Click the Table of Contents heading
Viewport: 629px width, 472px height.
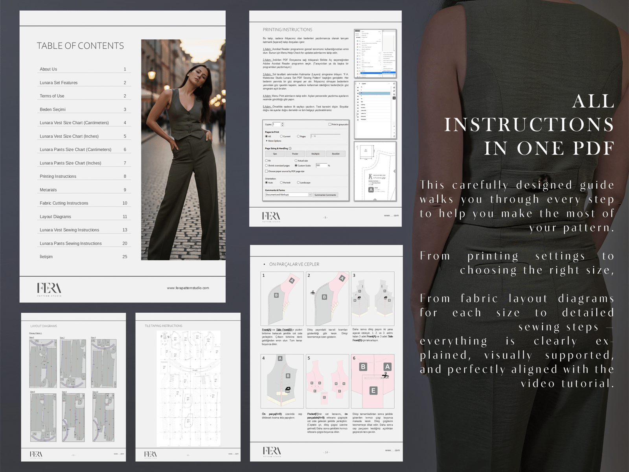80,46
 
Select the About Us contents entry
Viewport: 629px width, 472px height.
48,69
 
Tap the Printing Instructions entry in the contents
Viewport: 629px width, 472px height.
58,177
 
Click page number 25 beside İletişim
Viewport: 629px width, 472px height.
125,257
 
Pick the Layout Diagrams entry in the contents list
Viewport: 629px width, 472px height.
55,217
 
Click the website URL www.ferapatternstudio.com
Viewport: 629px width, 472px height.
188,288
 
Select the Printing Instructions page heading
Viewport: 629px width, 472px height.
287,30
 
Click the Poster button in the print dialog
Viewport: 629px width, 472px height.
295,154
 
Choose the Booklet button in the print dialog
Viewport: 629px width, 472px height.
336,154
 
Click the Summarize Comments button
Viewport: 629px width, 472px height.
325,195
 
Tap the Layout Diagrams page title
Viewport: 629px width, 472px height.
44,326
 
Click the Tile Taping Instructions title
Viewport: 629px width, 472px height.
164,326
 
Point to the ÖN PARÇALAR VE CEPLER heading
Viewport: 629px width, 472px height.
294,264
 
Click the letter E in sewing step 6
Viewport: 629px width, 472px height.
373,391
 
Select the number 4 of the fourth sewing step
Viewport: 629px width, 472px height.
263,358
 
